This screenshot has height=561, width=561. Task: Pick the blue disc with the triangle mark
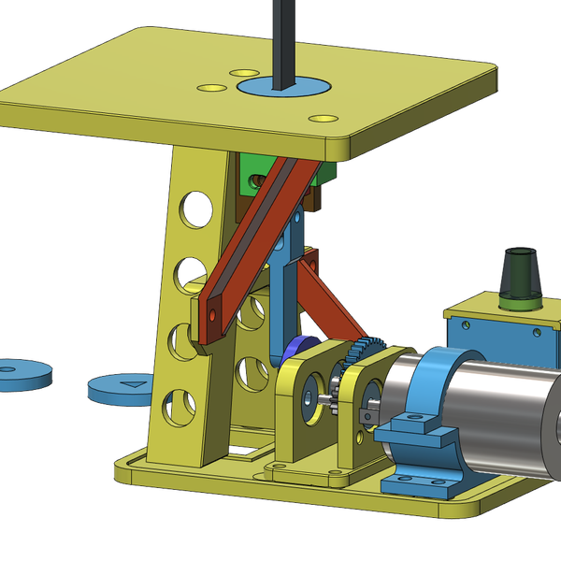(122, 384)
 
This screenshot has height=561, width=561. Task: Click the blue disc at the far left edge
(21, 372)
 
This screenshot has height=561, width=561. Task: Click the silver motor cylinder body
(505, 411)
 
